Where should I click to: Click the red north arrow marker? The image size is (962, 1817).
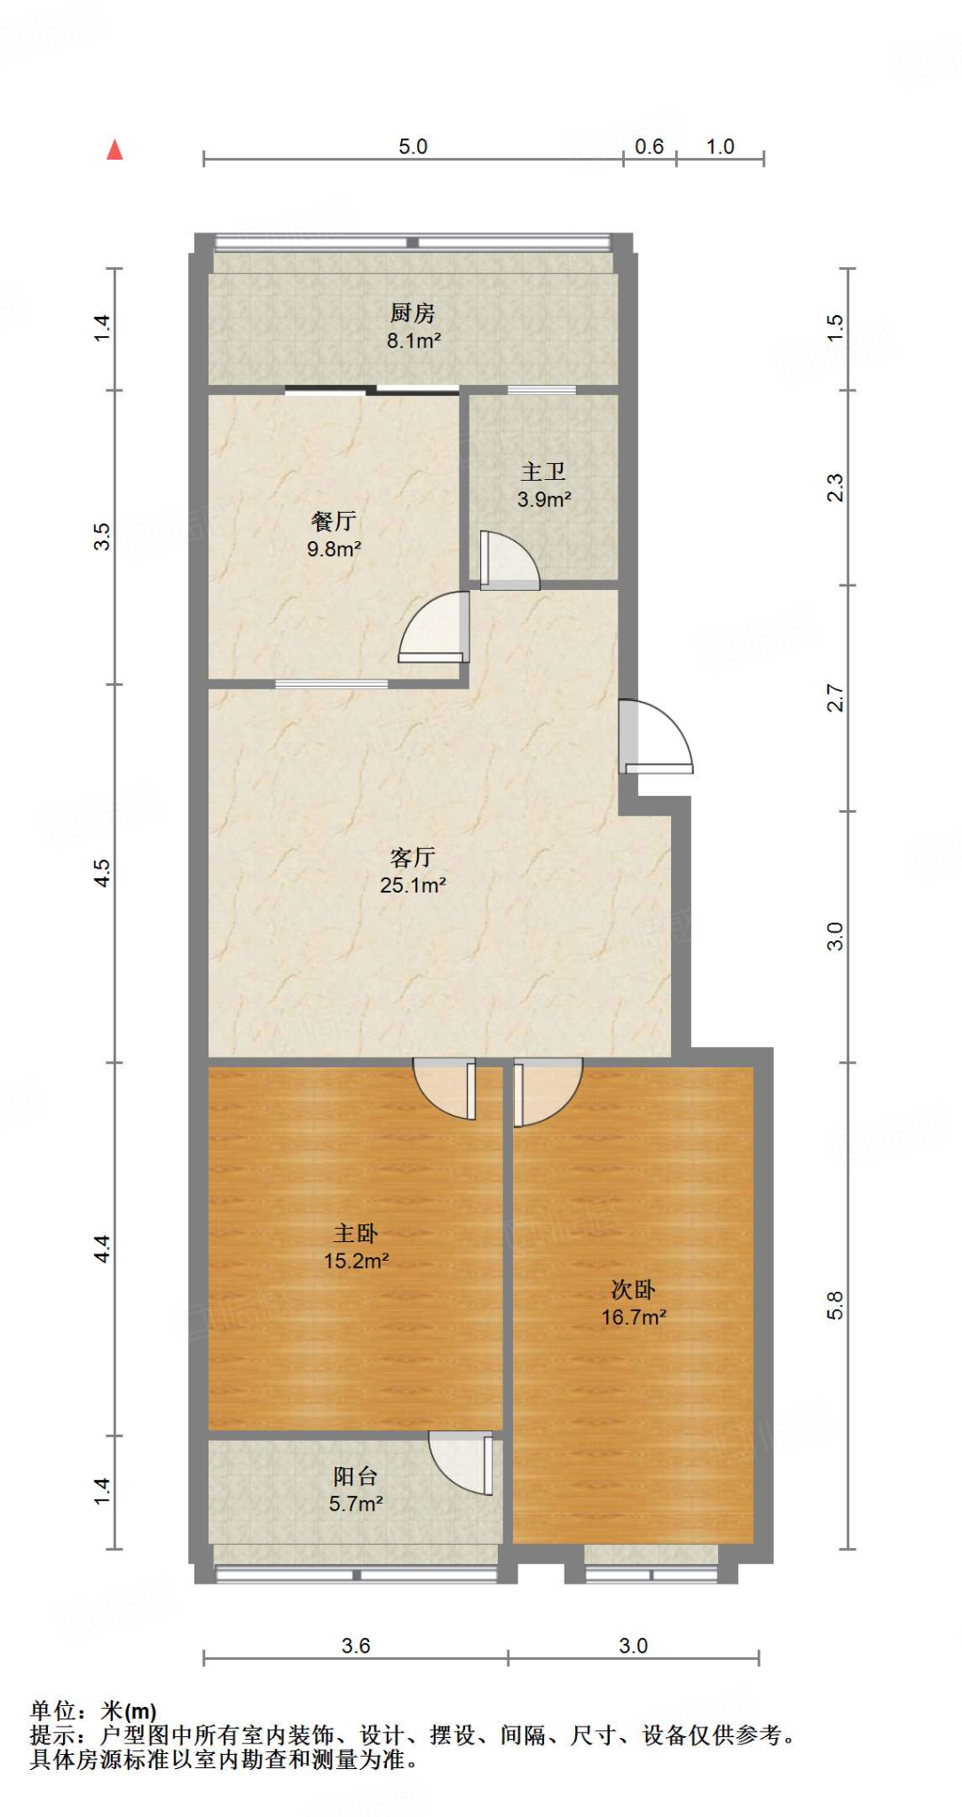114,150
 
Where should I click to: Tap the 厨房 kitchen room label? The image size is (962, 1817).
413,312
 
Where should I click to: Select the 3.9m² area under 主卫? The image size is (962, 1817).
544,499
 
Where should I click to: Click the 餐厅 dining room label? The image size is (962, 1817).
334,521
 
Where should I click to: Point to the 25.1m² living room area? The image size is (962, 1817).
413,885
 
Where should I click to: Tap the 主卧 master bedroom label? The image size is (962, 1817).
356,1232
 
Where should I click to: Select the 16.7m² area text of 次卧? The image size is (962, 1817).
634,1318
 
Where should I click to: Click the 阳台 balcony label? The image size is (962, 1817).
356,1475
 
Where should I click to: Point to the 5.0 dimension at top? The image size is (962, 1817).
413,146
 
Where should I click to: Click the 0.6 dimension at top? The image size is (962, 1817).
649,146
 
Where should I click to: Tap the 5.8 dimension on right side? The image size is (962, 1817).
835,1305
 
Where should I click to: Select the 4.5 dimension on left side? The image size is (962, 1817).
103,872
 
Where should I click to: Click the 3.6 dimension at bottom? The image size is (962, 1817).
356,1646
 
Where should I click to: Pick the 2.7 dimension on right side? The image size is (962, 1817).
835,697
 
